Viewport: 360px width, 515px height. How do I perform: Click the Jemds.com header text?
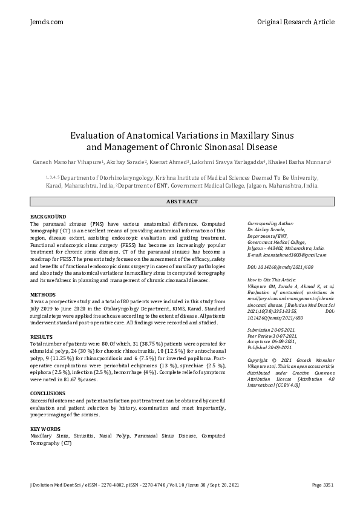point(47,22)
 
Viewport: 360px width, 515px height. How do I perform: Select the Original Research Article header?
point(295,22)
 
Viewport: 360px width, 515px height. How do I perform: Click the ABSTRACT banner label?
point(182,202)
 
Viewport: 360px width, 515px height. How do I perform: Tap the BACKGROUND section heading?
point(48,217)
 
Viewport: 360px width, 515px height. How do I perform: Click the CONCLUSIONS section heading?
point(48,393)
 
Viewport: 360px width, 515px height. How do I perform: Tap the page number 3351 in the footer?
point(322,485)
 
